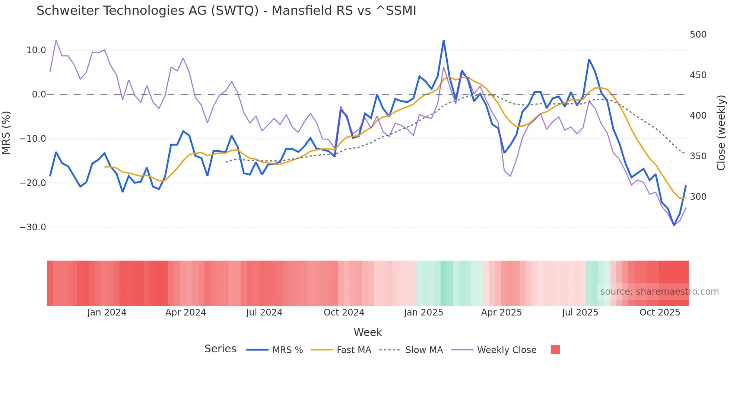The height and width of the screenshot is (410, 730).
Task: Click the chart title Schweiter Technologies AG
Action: (x=226, y=11)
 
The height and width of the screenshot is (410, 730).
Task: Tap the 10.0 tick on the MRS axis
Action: (x=36, y=50)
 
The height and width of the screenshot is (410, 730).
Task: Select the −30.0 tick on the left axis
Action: (x=33, y=227)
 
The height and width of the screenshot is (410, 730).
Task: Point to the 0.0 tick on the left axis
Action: (x=39, y=95)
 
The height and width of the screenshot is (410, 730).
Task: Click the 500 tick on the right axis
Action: (x=698, y=35)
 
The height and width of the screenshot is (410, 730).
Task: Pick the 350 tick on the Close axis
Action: (x=698, y=156)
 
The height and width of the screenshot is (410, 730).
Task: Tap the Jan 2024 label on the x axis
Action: (x=107, y=313)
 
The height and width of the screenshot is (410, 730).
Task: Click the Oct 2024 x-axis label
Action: (x=344, y=313)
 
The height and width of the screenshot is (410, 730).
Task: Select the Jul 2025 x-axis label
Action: (x=580, y=313)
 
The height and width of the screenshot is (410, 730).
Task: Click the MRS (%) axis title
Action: (x=6, y=132)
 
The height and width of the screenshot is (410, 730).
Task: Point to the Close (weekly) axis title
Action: (x=721, y=132)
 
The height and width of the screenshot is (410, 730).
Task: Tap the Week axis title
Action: (x=368, y=332)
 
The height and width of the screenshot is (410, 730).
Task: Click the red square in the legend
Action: (x=555, y=350)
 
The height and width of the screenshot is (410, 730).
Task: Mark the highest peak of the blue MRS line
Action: (x=444, y=41)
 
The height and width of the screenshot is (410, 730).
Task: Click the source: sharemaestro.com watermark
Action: (x=659, y=292)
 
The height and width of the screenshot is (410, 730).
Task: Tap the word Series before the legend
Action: (x=220, y=349)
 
